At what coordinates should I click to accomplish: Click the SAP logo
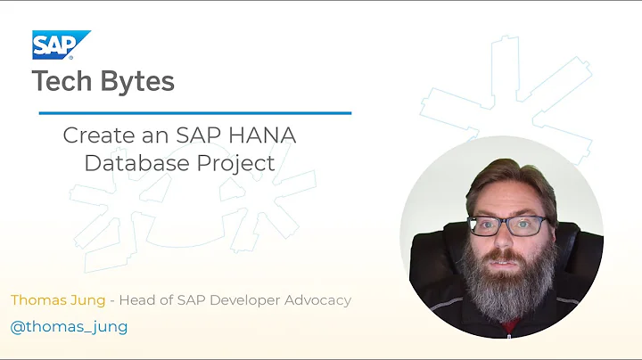click(61, 45)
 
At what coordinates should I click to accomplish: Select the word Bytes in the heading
click(139, 82)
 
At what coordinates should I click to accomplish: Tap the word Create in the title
click(94, 136)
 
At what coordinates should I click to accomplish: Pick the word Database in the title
click(130, 163)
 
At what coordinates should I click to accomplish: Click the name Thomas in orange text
click(40, 300)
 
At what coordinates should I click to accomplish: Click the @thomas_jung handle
click(69, 326)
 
